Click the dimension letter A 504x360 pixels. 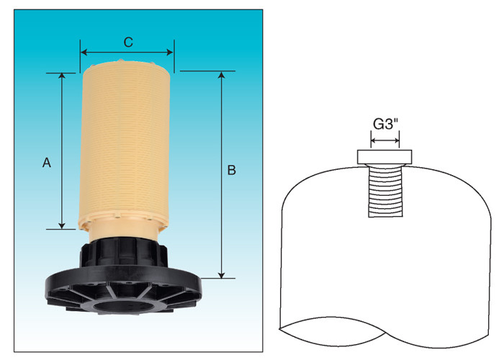[x=47, y=163]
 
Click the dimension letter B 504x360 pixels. [x=232, y=171]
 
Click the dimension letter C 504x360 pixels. [x=127, y=42]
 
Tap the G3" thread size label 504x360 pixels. [x=386, y=123]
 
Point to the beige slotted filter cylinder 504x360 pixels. [x=127, y=144]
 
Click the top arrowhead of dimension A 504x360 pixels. [x=63, y=76]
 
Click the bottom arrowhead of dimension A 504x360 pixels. [x=63, y=225]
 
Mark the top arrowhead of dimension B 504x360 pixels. [x=222, y=74]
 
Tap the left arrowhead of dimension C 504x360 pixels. [x=84, y=52]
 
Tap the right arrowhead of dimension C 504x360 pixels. [x=171, y=52]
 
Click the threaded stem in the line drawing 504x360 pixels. [x=386, y=189]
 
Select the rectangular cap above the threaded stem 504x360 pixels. [x=385, y=156]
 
